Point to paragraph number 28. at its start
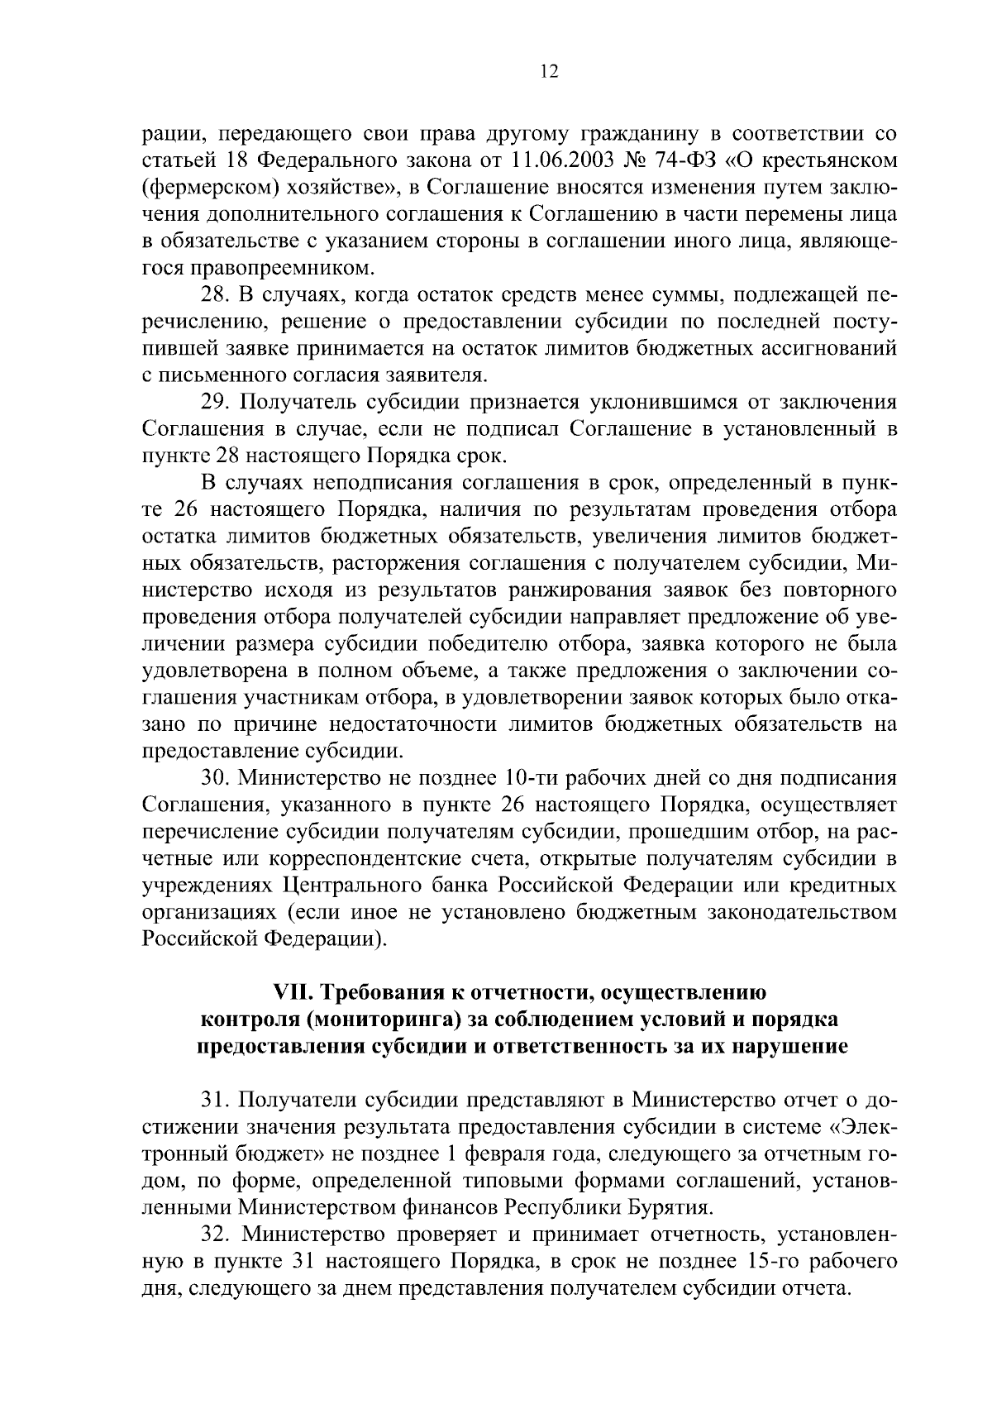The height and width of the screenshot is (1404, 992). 217,294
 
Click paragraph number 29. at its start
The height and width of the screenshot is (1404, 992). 217,403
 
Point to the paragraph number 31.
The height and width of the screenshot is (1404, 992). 217,1101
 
